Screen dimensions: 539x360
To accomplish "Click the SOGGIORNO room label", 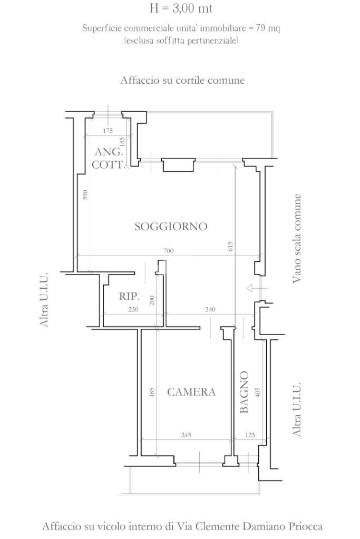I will (171, 227).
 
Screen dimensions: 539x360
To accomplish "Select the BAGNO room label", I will (244, 392).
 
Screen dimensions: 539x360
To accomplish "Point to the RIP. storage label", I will (129, 297).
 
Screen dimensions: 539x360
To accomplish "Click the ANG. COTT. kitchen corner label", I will (109, 158).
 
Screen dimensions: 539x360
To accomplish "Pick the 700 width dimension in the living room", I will (168, 251).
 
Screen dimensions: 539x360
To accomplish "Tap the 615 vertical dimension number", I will (231, 246).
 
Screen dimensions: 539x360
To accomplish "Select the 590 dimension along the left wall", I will (85, 194).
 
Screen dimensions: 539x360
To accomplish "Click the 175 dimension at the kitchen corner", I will (108, 131).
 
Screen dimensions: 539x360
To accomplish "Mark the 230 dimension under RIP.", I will (133, 310).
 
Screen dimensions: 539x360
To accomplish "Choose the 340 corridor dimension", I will (210, 310).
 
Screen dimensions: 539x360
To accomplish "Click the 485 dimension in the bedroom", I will (152, 393).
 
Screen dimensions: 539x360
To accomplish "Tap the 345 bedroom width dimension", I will (186, 435).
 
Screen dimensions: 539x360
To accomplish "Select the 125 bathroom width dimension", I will (250, 435).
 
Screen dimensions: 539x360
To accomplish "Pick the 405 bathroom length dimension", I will (258, 393).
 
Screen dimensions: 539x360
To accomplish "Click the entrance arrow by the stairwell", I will (257, 288).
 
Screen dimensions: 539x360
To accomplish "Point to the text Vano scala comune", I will (298, 238).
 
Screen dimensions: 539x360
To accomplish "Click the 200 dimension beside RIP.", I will (152, 300).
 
